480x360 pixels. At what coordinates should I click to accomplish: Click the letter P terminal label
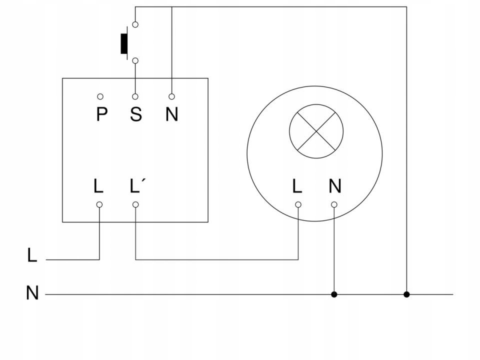point(101,114)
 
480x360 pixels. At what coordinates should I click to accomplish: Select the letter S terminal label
point(136,114)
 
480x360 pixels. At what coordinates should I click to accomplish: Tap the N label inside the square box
point(171,114)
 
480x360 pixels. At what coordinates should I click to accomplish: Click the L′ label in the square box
point(136,186)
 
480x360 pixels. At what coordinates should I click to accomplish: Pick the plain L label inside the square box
point(98,186)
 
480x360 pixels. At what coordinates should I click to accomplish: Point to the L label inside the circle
point(297,186)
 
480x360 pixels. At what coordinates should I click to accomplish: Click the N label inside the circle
point(335,186)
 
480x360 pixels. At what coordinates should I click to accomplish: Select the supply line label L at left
point(32,255)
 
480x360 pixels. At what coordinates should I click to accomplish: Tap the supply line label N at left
point(32,293)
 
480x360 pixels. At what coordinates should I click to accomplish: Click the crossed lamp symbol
point(316,131)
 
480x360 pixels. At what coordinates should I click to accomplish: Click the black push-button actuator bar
point(123,43)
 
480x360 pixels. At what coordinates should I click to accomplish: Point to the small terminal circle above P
point(100,96)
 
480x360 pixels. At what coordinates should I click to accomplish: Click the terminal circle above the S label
point(135,96)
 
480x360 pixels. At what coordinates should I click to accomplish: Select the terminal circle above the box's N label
point(171,96)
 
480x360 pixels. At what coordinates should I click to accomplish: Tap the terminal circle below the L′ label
point(135,204)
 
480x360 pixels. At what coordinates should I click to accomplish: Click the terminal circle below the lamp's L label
point(298,204)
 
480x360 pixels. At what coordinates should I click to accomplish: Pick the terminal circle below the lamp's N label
point(334,204)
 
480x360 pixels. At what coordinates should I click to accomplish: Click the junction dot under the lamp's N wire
point(334,294)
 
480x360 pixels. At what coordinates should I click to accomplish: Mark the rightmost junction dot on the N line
point(406,294)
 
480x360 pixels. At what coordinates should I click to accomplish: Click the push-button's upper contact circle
point(135,24)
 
